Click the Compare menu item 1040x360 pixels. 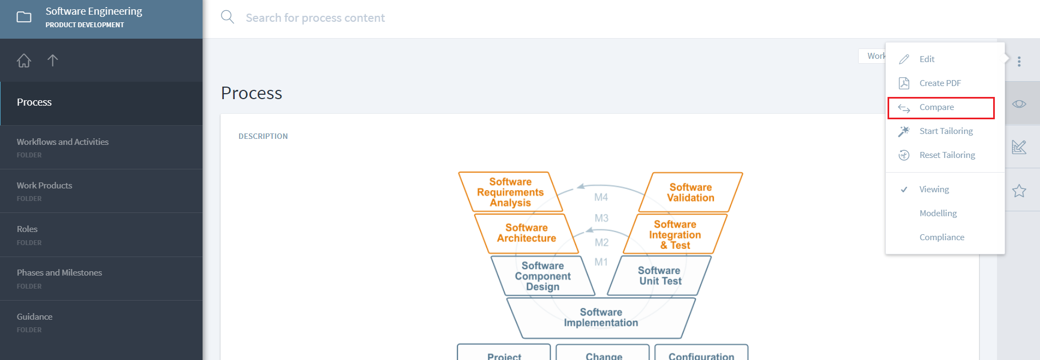click(937, 107)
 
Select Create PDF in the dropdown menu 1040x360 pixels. click(940, 83)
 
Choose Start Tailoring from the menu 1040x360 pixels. click(946, 131)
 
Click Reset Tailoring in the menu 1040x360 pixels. click(947, 155)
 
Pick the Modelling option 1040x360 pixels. click(938, 213)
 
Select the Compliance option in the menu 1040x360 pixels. click(941, 237)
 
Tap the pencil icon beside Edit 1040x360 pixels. click(904, 59)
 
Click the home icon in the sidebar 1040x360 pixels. click(24, 60)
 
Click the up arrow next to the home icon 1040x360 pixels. click(53, 60)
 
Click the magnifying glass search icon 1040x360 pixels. click(228, 17)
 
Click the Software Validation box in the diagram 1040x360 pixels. click(690, 192)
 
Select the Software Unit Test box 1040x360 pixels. click(659, 276)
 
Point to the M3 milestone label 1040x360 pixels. click(601, 218)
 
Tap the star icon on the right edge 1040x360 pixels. click(1019, 191)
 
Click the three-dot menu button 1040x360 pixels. click(1019, 62)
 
